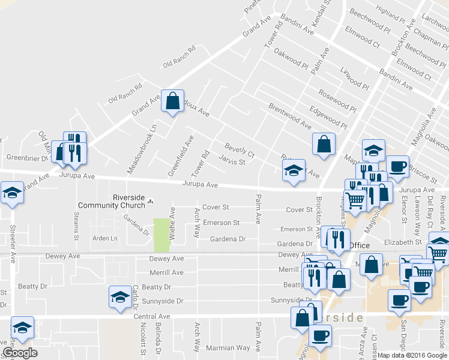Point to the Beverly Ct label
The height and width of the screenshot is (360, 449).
pyautogui.click(x=240, y=150)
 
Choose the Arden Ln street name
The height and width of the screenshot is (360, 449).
pyautogui.click(x=105, y=238)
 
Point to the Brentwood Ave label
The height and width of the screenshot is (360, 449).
pyautogui.click(x=290, y=116)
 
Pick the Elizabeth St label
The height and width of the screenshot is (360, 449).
pyautogui.click(x=403, y=242)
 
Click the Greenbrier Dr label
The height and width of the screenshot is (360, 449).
pyautogui.click(x=26, y=158)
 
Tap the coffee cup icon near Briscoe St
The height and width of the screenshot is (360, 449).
pyautogui.click(x=397, y=166)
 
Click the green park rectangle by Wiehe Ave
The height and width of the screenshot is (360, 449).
pyautogui.click(x=161, y=235)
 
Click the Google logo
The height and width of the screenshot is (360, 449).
pyautogui.click(x=20, y=352)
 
